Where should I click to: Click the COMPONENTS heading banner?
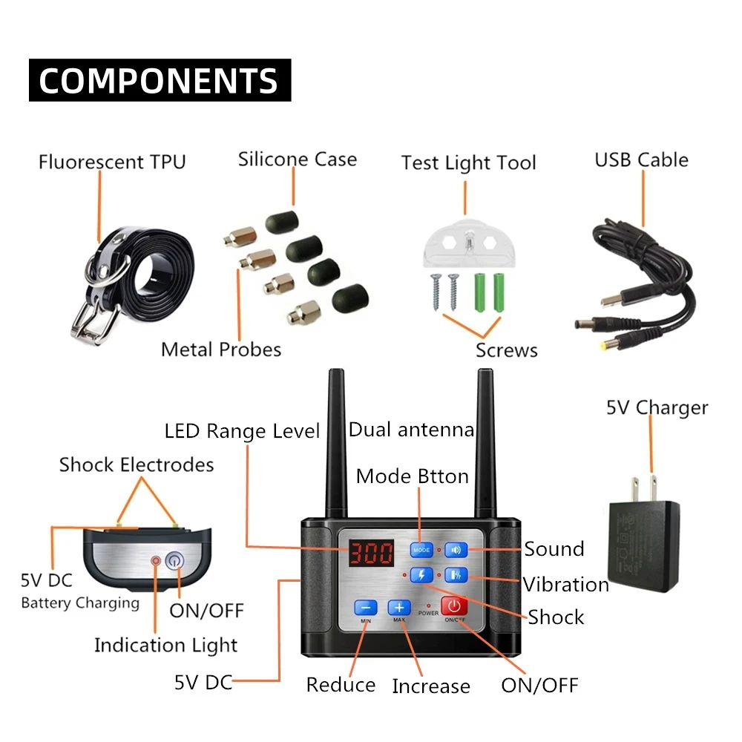point(160,80)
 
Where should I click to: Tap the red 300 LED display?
point(372,552)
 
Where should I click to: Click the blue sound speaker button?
point(456,550)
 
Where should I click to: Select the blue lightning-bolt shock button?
point(421,575)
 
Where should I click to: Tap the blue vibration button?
point(456,575)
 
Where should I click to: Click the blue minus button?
point(366,608)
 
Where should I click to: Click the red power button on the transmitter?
point(454,605)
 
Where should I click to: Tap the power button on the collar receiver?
point(174,561)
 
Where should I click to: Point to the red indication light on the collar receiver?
point(156,561)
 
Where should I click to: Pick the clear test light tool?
point(468,243)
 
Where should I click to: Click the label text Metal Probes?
point(221,350)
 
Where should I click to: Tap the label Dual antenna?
point(411,430)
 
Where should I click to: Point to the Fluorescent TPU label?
point(112,162)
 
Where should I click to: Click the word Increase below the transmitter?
point(431,686)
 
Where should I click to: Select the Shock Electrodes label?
point(137,465)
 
